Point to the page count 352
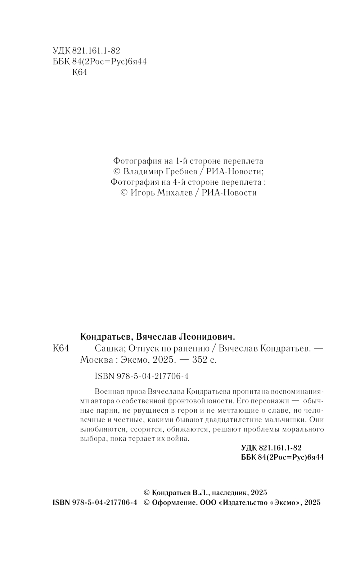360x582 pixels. (201, 360)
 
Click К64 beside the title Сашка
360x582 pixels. (60, 349)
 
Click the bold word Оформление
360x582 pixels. (174, 503)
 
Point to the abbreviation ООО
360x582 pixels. (208, 503)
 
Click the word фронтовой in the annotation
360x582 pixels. (208, 401)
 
